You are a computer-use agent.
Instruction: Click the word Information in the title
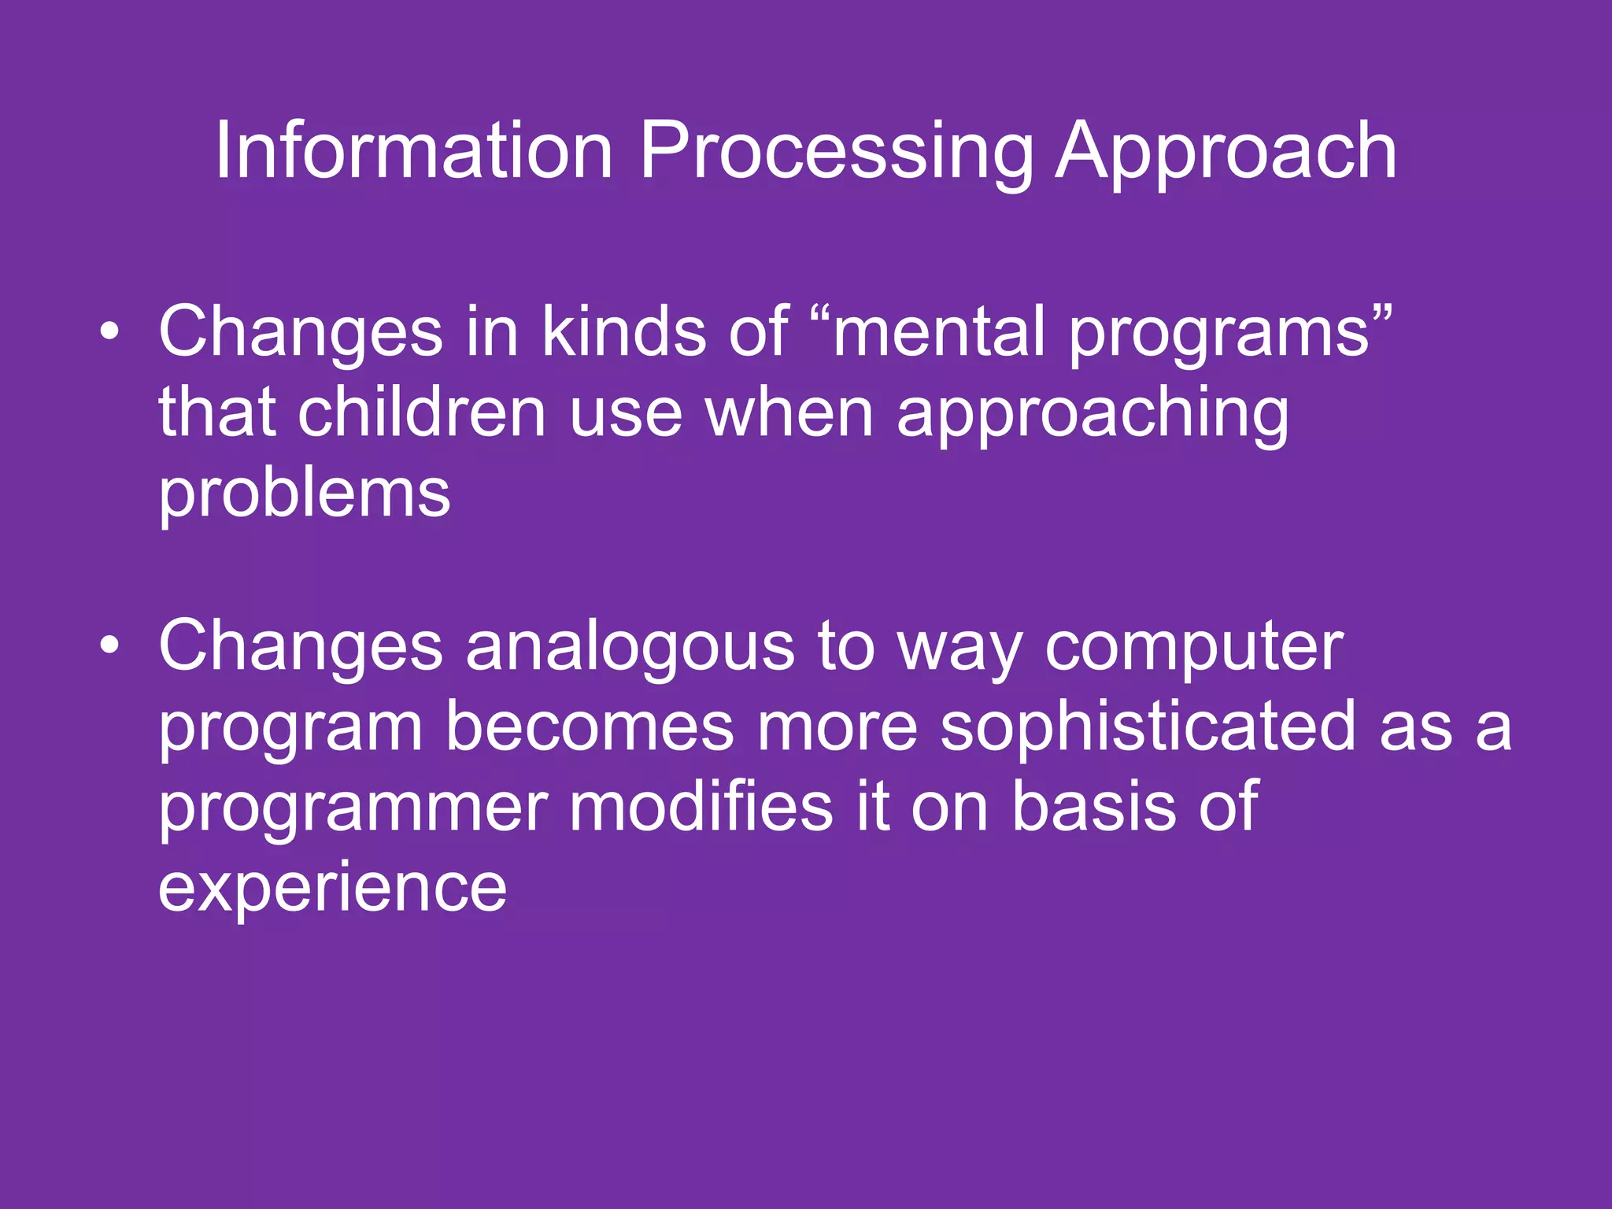tap(413, 151)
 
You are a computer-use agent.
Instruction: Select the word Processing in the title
tap(835, 151)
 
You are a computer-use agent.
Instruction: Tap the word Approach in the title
tap(1226, 151)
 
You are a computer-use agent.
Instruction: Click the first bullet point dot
tap(110, 334)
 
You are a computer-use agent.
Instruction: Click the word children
tap(422, 412)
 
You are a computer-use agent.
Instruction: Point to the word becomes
tap(590, 727)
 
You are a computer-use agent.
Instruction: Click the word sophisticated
tap(1148, 727)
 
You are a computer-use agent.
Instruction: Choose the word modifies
tap(701, 806)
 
